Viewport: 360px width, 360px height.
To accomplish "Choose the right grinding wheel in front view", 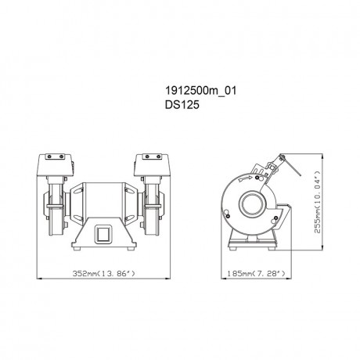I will click(x=149, y=211).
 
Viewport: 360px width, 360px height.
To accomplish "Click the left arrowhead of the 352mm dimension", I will click(x=40, y=275).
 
